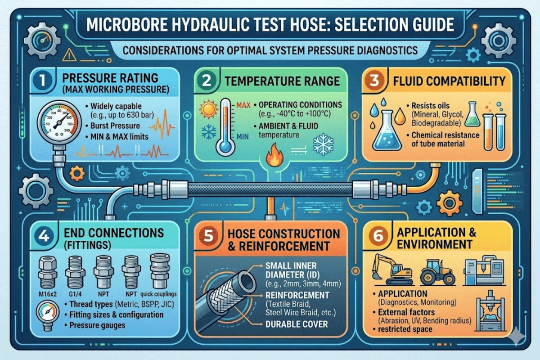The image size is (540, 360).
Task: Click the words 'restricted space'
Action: (411, 329)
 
